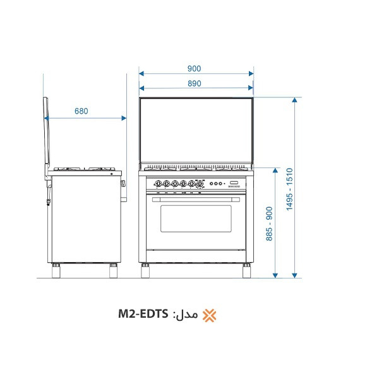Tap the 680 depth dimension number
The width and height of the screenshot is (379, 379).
81,111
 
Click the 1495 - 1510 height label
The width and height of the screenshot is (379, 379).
289,189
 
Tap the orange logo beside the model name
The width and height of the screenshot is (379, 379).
209,315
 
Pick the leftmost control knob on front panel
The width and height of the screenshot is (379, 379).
159,184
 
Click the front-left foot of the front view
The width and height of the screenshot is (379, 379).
145,272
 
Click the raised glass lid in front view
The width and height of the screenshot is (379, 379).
196,133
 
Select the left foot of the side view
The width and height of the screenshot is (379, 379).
57,272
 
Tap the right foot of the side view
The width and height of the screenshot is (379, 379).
114,272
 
